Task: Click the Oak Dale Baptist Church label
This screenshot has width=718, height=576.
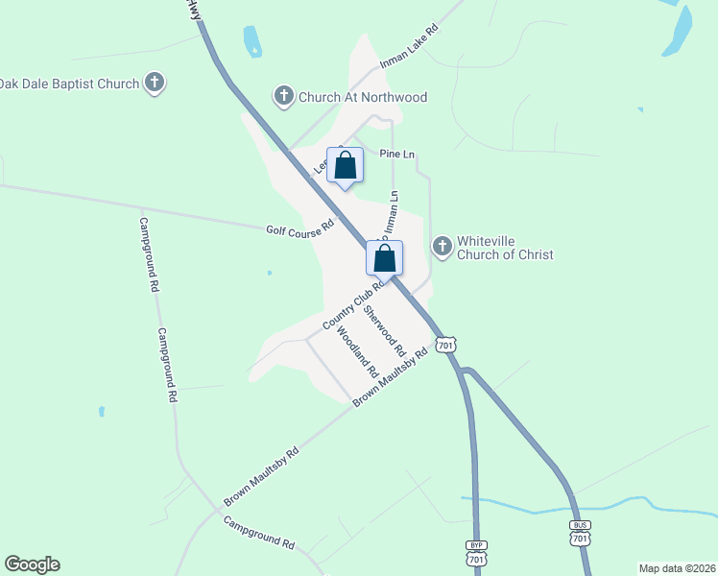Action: pos(70,84)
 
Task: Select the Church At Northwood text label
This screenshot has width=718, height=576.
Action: pos(363,97)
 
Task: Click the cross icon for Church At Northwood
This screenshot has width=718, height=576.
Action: pos(283,96)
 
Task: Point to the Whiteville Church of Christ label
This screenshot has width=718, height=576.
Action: pos(505,248)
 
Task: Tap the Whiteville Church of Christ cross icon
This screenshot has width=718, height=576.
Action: pos(443,247)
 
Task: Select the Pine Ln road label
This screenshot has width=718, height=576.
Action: pos(396,154)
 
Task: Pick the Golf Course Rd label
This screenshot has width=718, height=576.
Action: pos(299,228)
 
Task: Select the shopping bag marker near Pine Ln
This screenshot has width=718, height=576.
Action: pos(346,165)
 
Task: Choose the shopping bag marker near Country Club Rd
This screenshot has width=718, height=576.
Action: pos(384,258)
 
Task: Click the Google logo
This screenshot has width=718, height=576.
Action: pos(32,564)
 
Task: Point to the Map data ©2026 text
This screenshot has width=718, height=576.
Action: pos(677,567)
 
